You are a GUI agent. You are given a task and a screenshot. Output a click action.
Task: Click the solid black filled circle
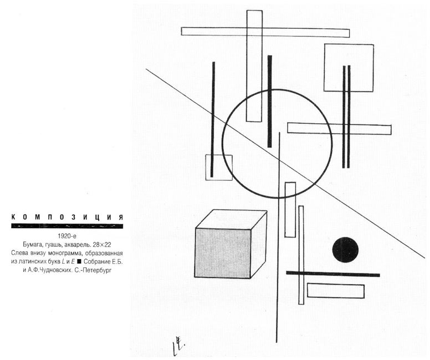click(x=345, y=250)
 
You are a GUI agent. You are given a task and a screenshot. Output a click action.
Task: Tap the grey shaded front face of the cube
click(x=223, y=253)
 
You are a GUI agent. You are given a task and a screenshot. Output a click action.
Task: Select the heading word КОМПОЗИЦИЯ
click(x=67, y=217)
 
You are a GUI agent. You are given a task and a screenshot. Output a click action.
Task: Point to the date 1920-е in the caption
click(x=67, y=236)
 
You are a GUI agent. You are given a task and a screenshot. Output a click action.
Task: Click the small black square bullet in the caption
click(x=79, y=261)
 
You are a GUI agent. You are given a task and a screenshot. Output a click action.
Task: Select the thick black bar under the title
click(x=67, y=226)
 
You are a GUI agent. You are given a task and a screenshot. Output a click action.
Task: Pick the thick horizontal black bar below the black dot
click(x=333, y=274)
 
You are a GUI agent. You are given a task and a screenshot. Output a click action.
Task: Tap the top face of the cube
click(x=232, y=219)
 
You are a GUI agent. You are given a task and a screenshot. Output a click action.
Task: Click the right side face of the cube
click(x=259, y=245)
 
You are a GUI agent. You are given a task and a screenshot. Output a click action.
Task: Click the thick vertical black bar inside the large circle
click(x=269, y=102)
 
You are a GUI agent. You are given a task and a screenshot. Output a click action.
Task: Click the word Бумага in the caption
click(x=31, y=245)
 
